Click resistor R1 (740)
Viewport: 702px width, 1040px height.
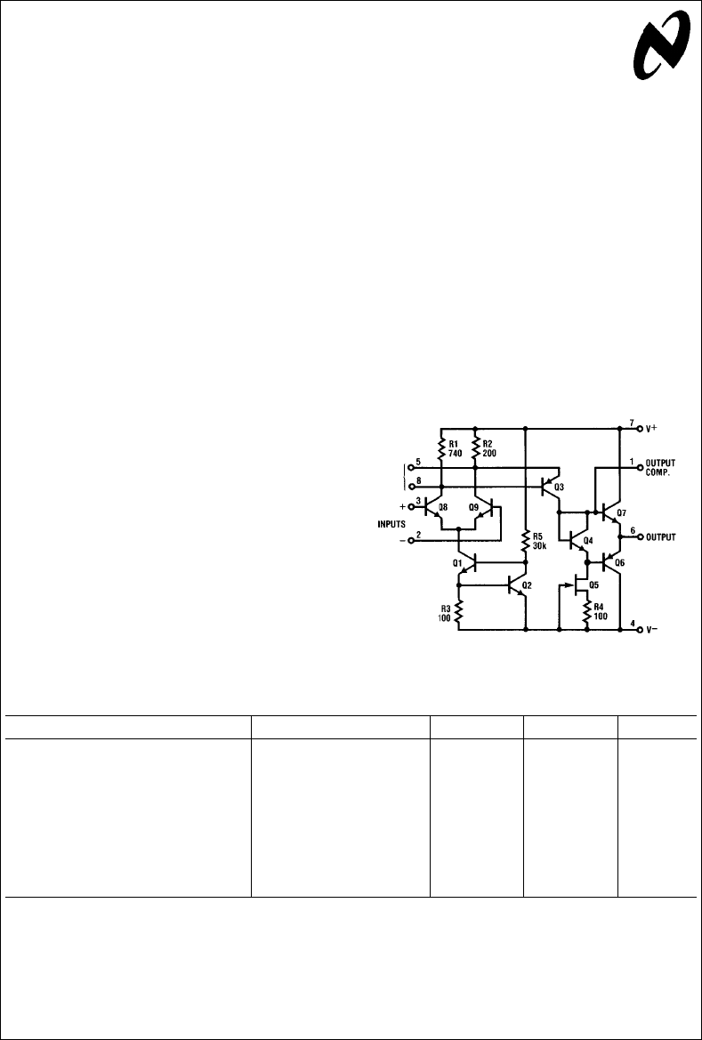click(x=440, y=447)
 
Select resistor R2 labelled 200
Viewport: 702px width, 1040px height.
click(x=475, y=447)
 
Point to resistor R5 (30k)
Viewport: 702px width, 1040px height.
click(x=526, y=539)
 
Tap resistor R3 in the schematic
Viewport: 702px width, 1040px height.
click(x=458, y=610)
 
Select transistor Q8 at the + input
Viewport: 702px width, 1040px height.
click(x=432, y=508)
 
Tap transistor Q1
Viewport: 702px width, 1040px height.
click(x=469, y=562)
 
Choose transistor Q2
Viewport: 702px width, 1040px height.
click(x=516, y=585)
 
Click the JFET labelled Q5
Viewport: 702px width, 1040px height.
click(x=580, y=584)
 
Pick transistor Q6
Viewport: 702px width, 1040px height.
click(x=609, y=561)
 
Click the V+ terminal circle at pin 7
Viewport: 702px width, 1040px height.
click(x=640, y=427)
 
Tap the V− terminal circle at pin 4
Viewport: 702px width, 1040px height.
click(x=640, y=629)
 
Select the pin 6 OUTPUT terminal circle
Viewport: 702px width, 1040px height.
click(x=640, y=537)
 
